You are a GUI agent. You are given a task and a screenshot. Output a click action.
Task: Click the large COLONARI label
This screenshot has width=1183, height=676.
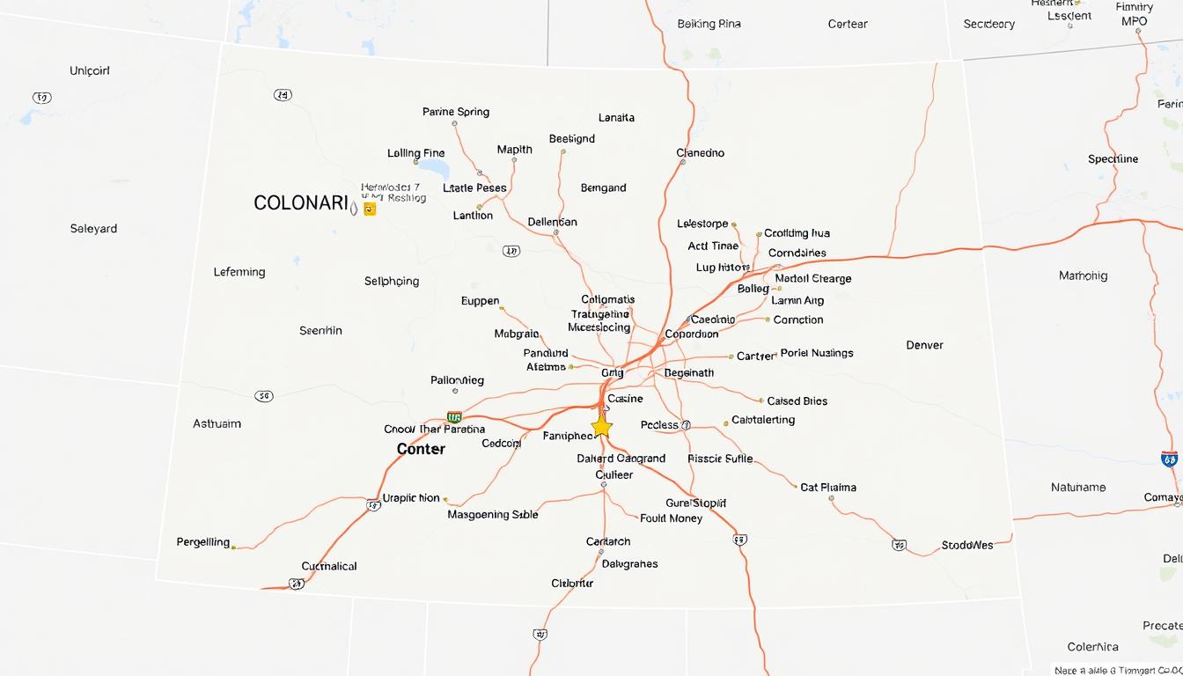(x=301, y=203)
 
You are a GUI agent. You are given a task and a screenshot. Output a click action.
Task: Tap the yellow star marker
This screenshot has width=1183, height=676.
(x=601, y=427)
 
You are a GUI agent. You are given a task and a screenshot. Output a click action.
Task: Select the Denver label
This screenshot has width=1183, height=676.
(x=924, y=345)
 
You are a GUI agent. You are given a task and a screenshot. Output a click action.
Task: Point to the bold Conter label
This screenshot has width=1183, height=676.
(x=421, y=449)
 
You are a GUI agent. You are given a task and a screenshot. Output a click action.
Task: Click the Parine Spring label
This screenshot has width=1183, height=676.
(x=455, y=112)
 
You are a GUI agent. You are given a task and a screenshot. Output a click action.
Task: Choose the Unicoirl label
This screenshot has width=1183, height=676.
(x=90, y=70)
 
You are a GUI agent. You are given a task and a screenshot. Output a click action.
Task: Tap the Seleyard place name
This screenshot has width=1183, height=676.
(x=93, y=229)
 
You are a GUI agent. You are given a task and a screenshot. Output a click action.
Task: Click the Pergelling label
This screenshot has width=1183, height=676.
(x=203, y=542)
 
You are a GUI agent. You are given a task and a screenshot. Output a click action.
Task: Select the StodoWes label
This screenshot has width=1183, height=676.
(x=966, y=545)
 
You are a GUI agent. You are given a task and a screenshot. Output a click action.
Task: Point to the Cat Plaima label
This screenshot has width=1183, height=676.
(x=827, y=487)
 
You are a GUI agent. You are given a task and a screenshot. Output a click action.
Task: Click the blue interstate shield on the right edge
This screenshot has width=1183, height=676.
(x=1169, y=459)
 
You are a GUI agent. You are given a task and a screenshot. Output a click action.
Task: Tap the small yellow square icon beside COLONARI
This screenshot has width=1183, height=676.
(x=370, y=209)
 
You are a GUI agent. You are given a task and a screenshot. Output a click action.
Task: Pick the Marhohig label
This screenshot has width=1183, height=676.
(x=1083, y=276)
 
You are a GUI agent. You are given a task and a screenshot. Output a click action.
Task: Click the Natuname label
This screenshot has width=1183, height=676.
(x=1077, y=487)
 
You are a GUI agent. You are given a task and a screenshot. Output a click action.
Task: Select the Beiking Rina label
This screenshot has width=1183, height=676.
(x=709, y=24)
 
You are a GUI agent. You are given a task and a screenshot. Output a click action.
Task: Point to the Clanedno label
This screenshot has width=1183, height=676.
(x=700, y=152)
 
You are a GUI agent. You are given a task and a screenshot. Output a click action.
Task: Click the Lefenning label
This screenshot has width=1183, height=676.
(x=239, y=272)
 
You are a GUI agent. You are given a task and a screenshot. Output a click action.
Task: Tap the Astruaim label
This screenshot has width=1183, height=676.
(x=217, y=423)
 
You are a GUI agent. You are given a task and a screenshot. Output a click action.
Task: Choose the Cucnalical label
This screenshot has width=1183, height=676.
(x=329, y=566)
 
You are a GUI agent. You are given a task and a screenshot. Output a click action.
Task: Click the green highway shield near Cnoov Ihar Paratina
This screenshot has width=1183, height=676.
(x=454, y=417)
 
